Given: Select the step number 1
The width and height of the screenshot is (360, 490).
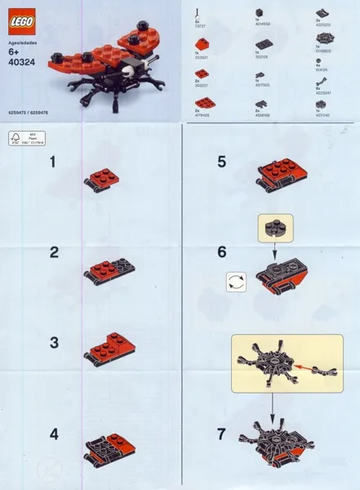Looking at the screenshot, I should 53,163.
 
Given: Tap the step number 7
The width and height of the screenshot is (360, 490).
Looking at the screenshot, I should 221,434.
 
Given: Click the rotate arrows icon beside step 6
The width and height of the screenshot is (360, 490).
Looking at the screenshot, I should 236,282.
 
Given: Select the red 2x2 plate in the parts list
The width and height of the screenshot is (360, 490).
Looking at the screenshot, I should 202,104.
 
